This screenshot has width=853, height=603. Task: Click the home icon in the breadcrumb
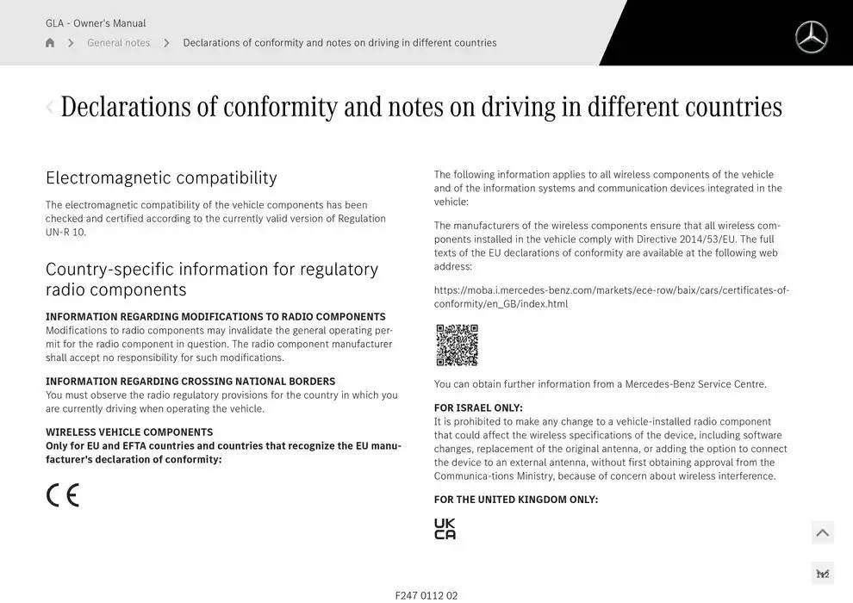click(x=50, y=43)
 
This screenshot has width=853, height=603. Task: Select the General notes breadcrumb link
click(x=118, y=43)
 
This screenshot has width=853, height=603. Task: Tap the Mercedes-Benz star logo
click(x=811, y=37)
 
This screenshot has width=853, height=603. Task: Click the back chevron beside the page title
click(x=49, y=107)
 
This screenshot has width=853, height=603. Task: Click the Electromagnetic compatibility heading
click(x=161, y=178)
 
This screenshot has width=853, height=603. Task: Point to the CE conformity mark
click(x=63, y=495)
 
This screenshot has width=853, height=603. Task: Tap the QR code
click(x=457, y=345)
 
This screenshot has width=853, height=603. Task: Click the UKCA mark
click(x=445, y=529)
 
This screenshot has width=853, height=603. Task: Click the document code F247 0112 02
click(x=426, y=595)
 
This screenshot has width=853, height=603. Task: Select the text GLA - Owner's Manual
click(x=96, y=23)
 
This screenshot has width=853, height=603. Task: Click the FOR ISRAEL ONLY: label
click(x=478, y=408)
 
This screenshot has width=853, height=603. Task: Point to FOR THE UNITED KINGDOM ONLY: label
click(x=515, y=500)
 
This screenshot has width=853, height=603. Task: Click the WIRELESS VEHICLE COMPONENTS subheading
click(x=129, y=432)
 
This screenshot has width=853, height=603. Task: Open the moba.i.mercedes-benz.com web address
click(x=611, y=296)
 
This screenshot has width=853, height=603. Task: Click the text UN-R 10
click(x=65, y=233)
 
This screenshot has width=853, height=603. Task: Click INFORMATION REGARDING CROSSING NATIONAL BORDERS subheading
click(x=190, y=382)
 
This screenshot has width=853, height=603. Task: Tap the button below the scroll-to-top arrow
click(x=822, y=574)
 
